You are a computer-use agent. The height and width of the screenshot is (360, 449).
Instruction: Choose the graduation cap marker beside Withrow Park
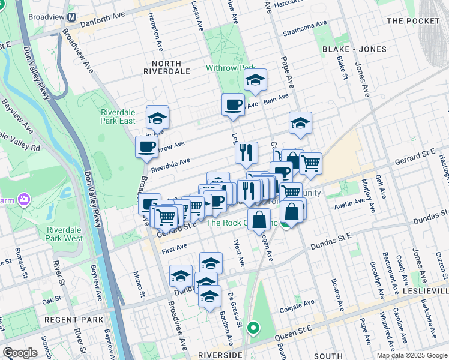pyautogui.click(x=255, y=80)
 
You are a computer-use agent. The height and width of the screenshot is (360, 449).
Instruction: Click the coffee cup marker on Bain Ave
pyautogui.click(x=233, y=106)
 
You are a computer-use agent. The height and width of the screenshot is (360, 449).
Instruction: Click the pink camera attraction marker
pyautogui.click(x=23, y=198)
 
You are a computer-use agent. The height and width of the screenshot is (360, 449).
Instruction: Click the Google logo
pyautogui.click(x=20, y=353)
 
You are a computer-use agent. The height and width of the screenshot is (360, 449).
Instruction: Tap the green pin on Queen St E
pyautogui.click(x=254, y=328)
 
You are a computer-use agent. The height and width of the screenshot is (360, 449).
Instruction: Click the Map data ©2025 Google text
pyautogui.click(x=412, y=355)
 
